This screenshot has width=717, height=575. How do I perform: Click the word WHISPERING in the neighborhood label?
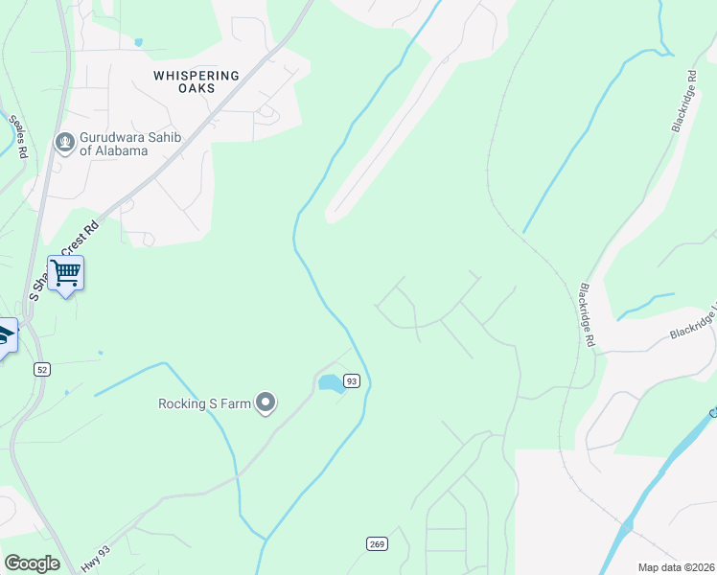coord(196,75)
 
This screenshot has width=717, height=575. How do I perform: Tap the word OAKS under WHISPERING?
coord(196,88)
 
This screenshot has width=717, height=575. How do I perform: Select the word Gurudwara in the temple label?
coord(114,138)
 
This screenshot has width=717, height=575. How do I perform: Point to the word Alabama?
coord(121,151)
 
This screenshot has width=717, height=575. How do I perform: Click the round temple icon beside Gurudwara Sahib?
coord(65,144)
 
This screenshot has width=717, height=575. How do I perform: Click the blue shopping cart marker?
coord(65,274)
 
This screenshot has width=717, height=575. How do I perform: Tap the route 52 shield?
coord(41,369)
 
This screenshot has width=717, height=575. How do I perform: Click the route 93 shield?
coord(352,380)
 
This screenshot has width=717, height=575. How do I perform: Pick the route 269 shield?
coord(378,544)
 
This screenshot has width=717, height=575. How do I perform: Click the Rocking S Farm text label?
coord(204,403)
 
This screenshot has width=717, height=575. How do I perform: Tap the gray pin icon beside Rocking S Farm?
coord(266,403)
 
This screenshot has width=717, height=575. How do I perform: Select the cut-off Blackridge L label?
coord(692,324)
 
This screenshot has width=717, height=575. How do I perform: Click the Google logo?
coord(32,563)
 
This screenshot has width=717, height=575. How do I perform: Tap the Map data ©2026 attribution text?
coord(676,567)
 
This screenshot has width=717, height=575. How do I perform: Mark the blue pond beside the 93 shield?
coord(330,383)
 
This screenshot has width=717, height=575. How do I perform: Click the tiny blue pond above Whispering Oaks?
coord(139,42)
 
